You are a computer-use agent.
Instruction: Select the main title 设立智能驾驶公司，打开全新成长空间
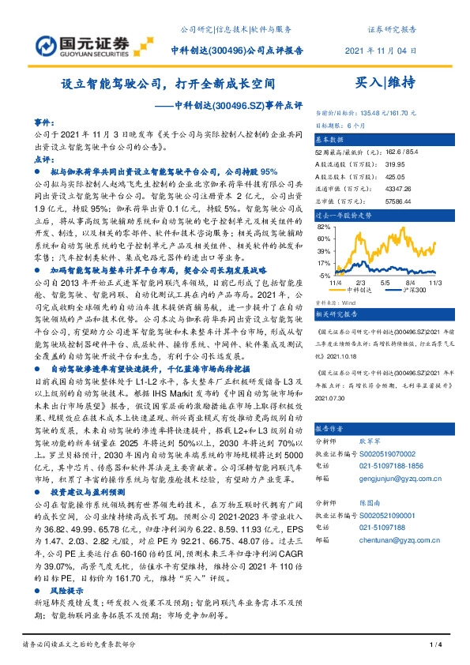click(168, 83)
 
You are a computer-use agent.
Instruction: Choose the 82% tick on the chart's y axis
click(322, 226)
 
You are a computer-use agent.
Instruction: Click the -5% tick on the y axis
click(323, 274)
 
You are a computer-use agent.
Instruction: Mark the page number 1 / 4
click(434, 647)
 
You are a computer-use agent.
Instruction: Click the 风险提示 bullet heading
click(66, 590)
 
